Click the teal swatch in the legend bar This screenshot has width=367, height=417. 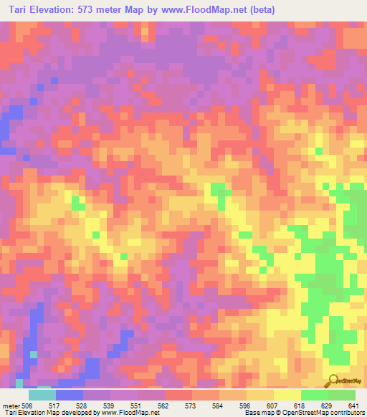pyautogui.click(x=42, y=395)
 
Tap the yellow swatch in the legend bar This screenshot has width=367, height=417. pyautogui.click(x=287, y=395)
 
